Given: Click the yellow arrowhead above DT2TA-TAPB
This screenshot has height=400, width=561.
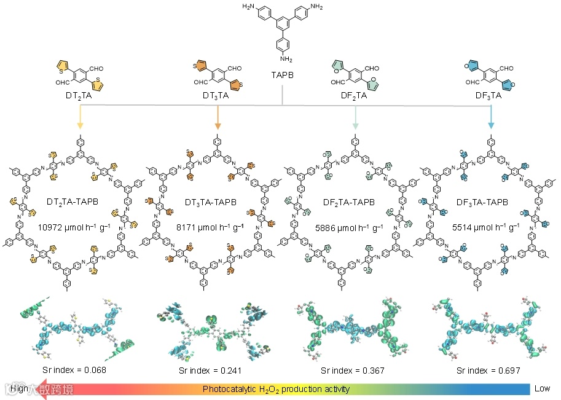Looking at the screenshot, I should pyautogui.click(x=80, y=127).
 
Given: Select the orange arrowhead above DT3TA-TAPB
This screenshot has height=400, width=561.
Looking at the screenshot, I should pyautogui.click(x=218, y=127).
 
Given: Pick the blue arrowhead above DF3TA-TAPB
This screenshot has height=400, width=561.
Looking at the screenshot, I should pyautogui.click(x=492, y=127).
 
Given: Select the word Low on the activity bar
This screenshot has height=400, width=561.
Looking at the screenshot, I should pyautogui.click(x=542, y=389).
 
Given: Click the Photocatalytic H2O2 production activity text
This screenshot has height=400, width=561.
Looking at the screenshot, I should pyautogui.click(x=277, y=389).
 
